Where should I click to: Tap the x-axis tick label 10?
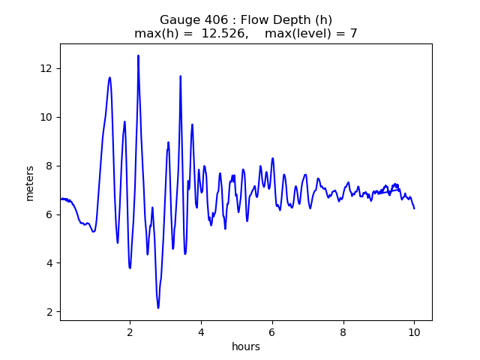click(x=414, y=331)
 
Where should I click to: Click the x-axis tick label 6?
click(x=272, y=331)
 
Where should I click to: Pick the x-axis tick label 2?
click(x=130, y=331)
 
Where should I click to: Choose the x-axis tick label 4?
click(x=201, y=331)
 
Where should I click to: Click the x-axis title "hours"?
click(x=246, y=346)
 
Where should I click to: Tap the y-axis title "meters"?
click(x=30, y=182)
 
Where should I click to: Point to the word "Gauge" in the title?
click(x=176, y=20)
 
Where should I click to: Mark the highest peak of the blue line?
click(x=138, y=55)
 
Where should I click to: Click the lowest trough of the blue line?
click(x=158, y=307)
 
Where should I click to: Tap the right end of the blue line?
click(x=414, y=208)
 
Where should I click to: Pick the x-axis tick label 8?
click(x=343, y=331)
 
